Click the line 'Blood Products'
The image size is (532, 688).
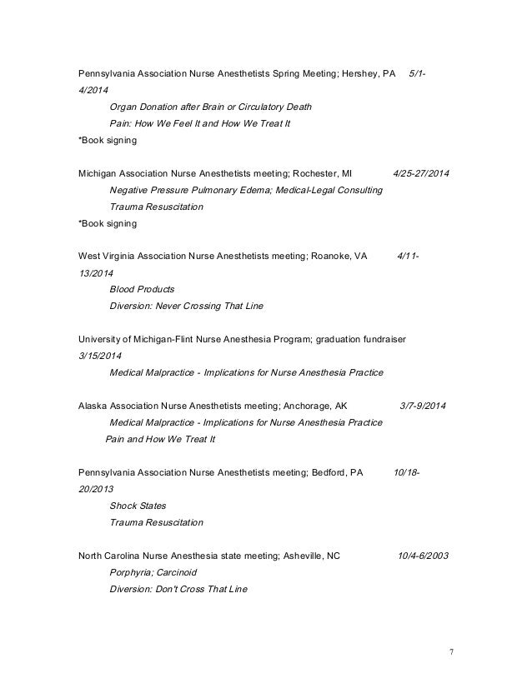pyautogui.click(x=142, y=290)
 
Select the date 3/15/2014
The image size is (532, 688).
pyautogui.click(x=99, y=356)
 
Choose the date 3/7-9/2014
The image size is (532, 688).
pyautogui.click(x=423, y=406)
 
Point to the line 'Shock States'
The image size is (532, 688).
pyautogui.click(x=138, y=506)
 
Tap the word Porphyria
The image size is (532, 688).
pyautogui.click(x=133, y=572)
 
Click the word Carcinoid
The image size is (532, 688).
pyautogui.click(x=183, y=572)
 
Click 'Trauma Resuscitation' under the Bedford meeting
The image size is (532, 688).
pyautogui.click(x=156, y=522)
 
